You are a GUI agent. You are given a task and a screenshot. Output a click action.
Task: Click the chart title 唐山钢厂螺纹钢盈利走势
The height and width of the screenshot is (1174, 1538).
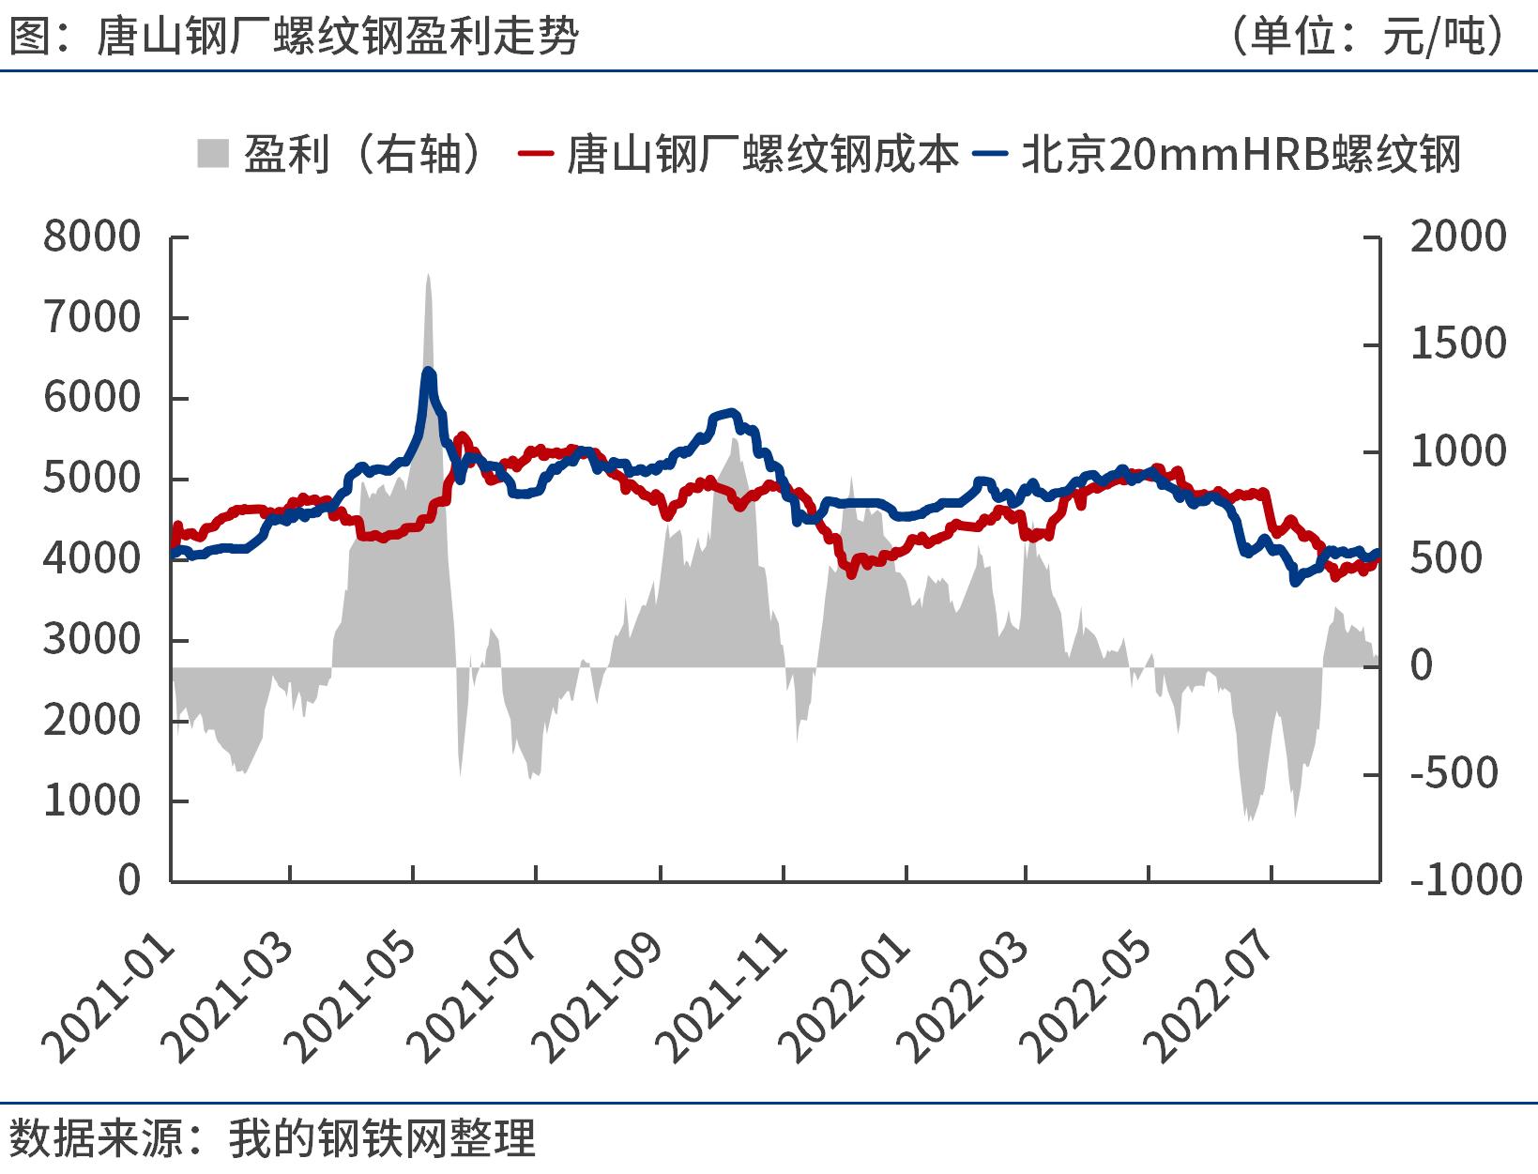[338, 38]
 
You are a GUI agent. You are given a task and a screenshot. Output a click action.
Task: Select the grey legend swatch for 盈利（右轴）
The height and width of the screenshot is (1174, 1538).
[213, 153]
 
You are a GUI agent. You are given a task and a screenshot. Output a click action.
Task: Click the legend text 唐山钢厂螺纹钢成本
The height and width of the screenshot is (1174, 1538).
[762, 154]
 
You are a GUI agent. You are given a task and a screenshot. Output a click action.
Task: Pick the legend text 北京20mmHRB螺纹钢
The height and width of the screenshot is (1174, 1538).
[1241, 154]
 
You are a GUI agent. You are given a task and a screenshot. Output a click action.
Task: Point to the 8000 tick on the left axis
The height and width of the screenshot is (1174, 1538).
[92, 236]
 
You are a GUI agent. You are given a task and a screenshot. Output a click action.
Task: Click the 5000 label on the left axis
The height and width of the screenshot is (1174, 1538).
[92, 479]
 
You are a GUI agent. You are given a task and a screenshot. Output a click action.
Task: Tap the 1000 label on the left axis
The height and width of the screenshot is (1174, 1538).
[92, 800]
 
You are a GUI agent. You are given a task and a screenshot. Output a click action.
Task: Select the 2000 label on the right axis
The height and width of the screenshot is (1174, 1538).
[1457, 236]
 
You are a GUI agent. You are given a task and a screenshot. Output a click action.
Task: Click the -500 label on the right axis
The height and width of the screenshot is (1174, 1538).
[1454, 773]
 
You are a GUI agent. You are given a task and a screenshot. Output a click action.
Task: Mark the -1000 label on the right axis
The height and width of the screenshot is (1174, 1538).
[1465, 880]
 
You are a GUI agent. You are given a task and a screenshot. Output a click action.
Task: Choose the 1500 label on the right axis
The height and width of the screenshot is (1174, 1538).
[1457, 344]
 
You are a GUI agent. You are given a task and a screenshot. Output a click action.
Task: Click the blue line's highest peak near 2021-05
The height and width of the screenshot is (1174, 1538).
[428, 371]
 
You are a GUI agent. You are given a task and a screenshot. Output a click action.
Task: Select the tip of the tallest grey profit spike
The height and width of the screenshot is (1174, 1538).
[428, 274]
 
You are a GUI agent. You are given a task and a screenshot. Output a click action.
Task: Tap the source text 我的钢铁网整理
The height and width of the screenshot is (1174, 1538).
[381, 1138]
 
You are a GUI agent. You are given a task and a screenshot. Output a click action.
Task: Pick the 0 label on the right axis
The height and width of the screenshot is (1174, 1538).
[1422, 666]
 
